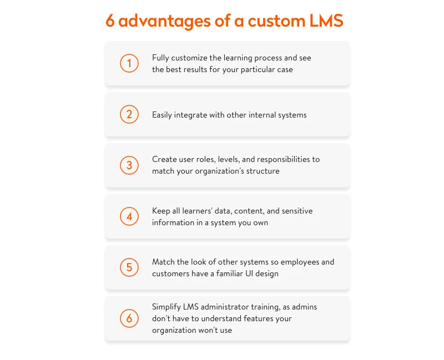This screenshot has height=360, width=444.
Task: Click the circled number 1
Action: tap(129, 63)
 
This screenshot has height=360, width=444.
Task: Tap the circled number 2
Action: tap(129, 114)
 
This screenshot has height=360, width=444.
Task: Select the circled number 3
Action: tap(129, 165)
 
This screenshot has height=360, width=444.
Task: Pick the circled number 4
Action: tap(129, 216)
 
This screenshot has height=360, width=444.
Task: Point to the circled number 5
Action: tap(129, 267)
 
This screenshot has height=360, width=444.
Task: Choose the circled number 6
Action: tap(129, 318)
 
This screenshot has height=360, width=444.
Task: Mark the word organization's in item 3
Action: tap(219, 171)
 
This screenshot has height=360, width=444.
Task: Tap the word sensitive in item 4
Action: tap(296, 211)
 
